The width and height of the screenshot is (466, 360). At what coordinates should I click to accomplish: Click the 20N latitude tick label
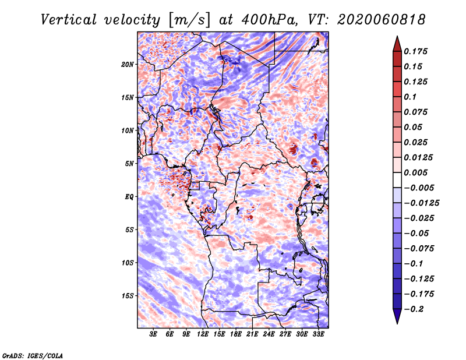(x=128, y=65)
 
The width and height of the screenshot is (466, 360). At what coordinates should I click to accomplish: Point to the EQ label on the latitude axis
(x=129, y=197)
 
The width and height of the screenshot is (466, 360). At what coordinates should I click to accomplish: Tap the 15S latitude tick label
(x=128, y=296)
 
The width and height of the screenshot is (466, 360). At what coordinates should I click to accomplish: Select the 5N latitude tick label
(x=129, y=164)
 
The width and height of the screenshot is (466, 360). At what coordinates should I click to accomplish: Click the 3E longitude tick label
(x=153, y=334)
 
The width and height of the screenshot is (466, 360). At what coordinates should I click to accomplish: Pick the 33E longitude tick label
(x=318, y=334)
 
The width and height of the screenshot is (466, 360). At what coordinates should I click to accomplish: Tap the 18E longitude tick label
(x=236, y=334)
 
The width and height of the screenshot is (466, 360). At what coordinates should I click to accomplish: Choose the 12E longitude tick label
(x=203, y=334)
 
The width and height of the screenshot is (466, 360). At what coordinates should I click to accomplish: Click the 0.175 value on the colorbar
(x=415, y=51)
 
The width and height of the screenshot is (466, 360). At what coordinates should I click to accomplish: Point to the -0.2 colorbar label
(x=414, y=309)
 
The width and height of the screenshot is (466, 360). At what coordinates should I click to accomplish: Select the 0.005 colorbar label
(x=415, y=172)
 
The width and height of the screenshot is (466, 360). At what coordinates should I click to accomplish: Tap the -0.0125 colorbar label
(x=421, y=203)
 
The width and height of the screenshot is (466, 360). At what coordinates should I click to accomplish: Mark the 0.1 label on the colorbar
(x=410, y=97)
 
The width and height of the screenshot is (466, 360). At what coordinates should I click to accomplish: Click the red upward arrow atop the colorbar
(x=397, y=44)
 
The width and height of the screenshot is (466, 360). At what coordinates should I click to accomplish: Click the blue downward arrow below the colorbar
(x=397, y=316)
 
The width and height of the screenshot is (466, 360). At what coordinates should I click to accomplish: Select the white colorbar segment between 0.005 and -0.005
(x=397, y=180)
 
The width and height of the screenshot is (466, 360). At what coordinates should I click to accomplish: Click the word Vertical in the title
(x=69, y=20)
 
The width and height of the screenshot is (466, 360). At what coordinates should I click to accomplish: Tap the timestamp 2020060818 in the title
(x=382, y=20)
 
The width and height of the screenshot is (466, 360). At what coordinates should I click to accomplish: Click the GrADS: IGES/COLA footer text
(x=33, y=356)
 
